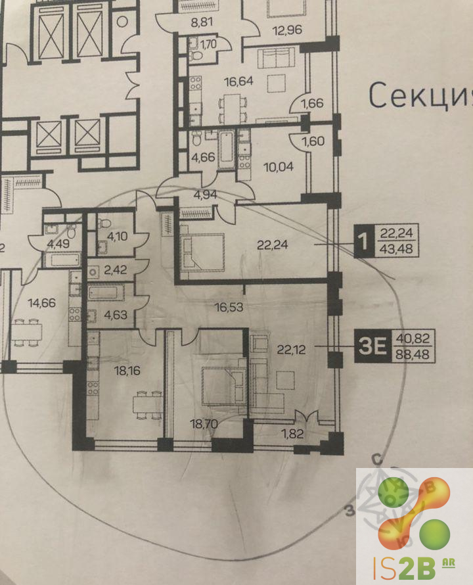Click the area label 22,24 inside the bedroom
click(x=273, y=245)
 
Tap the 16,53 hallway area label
click(x=229, y=307)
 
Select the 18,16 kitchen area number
click(x=127, y=371)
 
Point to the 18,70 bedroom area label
click(x=204, y=424)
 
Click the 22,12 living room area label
click(x=291, y=350)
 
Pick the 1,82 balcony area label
click(x=292, y=434)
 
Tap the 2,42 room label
click(x=115, y=269)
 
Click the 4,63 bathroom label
click(x=116, y=315)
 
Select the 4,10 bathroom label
click(x=117, y=236)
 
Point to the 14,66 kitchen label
click(x=42, y=302)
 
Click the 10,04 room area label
click(x=279, y=167)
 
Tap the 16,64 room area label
click(x=238, y=81)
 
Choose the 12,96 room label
click(x=287, y=30)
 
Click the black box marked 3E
click(x=373, y=346)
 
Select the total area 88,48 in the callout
click(x=413, y=354)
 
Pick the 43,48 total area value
click(x=396, y=248)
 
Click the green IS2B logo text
click(x=405, y=569)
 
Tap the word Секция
click(x=421, y=95)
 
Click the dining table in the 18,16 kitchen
click(x=148, y=405)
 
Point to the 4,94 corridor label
click(x=205, y=195)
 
